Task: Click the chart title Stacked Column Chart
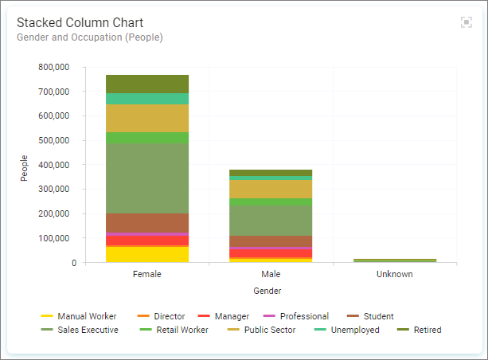80,23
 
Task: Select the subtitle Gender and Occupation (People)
90,37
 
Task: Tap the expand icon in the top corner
467,22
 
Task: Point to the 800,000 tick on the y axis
54,67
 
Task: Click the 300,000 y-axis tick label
54,189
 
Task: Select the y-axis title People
24,168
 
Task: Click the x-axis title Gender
267,291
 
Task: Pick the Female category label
147,274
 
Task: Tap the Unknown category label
395,274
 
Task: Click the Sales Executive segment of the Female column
147,178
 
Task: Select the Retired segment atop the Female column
147,84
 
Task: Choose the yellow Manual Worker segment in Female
147,255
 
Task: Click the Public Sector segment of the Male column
271,189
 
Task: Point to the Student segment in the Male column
271,241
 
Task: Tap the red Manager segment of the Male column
271,253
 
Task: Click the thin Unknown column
395,260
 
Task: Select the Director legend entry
161,316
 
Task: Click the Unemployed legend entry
347,330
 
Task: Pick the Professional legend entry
295,316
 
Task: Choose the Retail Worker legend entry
174,330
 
